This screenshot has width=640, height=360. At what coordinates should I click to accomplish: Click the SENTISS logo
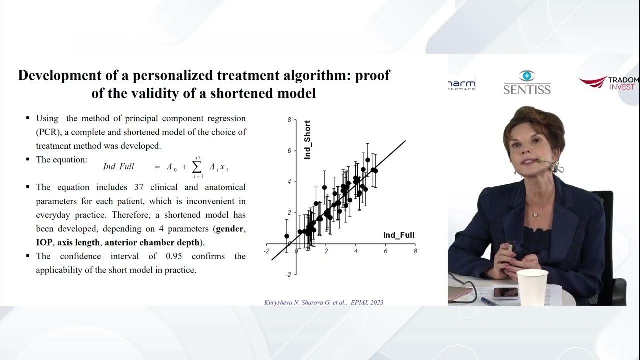(x=527, y=83)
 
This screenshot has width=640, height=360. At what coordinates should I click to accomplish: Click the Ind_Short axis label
(x=308, y=140)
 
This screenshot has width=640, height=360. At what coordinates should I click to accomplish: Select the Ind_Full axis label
(x=399, y=235)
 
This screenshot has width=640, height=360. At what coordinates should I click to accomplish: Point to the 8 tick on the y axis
(x=289, y=120)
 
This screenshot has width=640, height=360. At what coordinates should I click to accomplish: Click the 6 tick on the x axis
(x=385, y=251)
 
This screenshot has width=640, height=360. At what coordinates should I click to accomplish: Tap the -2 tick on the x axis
(x=267, y=251)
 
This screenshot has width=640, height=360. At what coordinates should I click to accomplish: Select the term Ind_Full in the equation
(x=118, y=167)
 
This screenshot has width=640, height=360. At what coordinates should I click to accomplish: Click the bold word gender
(x=230, y=229)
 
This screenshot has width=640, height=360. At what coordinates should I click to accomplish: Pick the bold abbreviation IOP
(x=44, y=242)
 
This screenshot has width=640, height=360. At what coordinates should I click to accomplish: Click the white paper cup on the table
(x=532, y=287)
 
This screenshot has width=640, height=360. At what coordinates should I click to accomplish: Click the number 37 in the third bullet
(x=139, y=187)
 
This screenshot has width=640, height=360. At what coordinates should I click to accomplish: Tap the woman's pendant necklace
(x=535, y=214)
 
